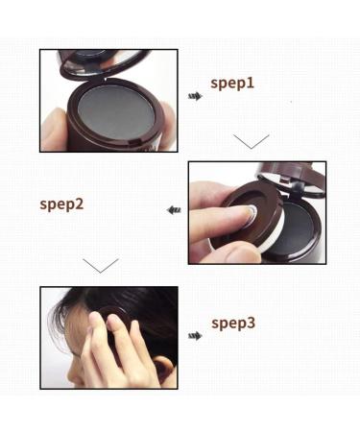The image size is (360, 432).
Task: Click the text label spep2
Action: pyautogui.click(x=61, y=204)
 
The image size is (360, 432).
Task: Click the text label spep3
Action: pyautogui.click(x=232, y=323)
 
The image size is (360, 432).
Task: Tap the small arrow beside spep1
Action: pyautogui.click(x=195, y=96)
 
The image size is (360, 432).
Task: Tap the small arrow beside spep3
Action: pyautogui.click(x=195, y=335)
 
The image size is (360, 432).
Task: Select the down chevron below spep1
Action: pyautogui.click(x=251, y=142)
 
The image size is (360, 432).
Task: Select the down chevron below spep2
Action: pyautogui.click(x=100, y=264)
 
